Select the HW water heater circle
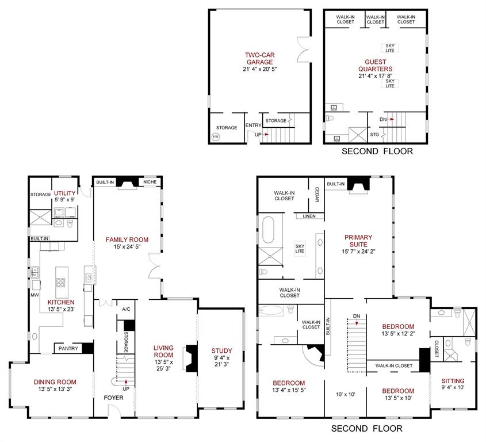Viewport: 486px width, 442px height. (216, 137)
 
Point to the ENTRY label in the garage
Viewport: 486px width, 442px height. (252, 125)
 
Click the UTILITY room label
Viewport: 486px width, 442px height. (64, 193)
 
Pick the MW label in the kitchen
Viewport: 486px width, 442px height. (34, 296)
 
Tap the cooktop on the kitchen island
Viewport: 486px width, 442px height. (60, 282)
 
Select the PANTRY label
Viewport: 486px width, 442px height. (67, 349)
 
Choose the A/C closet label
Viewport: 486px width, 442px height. (126, 309)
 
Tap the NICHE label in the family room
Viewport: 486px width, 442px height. (150, 182)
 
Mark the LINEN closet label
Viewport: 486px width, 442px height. (305, 216)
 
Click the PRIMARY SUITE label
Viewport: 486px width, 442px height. (358, 241)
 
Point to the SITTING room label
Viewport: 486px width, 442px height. (453, 381)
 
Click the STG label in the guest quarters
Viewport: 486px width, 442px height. (374, 134)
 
